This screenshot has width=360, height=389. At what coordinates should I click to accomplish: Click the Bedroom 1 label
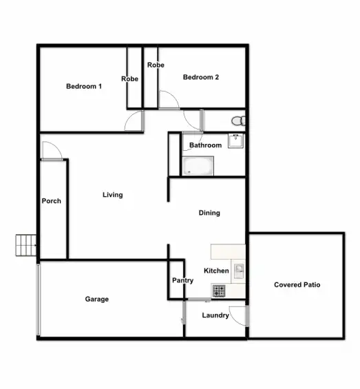coord(84,87)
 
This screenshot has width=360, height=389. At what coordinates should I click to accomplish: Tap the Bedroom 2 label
coord(200,78)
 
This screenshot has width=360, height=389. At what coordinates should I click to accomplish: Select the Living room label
coord(112,195)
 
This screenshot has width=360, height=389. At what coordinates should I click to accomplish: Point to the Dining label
coord(209,213)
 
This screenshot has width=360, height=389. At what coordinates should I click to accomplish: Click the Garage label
coord(96,299)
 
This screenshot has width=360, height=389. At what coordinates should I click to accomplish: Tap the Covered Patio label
coord(297,284)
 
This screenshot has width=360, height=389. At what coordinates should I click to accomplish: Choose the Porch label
coord(51,201)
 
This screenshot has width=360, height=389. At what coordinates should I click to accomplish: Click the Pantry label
coord(182,281)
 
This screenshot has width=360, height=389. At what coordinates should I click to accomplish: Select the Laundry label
coord(215,316)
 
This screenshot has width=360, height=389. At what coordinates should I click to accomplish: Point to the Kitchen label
coord(216,271)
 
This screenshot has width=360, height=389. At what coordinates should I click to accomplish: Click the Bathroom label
coord(205,145)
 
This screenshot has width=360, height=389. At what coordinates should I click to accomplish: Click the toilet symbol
coord(237,121)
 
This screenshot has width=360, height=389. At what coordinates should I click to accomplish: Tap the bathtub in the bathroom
coord(198,165)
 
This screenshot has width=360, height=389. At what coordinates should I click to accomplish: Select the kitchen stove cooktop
coord(220,291)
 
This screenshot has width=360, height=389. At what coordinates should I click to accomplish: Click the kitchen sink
coord(238,270)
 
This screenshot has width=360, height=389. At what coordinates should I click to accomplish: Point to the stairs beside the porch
coord(25,245)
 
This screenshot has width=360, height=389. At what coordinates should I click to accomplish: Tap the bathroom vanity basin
coord(237,140)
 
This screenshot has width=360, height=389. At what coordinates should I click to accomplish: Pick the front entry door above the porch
coord(51,151)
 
